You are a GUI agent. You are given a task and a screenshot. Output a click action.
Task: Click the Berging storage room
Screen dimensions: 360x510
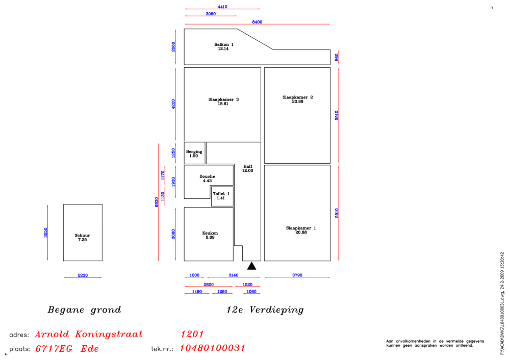(x=194, y=153)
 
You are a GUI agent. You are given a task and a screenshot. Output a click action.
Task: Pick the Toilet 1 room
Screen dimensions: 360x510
(x=221, y=196)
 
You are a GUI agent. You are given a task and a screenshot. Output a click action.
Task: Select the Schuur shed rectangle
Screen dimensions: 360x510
(x=83, y=233)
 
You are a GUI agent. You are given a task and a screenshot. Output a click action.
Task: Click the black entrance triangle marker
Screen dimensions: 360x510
(x=251, y=266)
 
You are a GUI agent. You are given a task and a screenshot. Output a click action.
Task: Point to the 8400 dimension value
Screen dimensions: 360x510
(x=257, y=22)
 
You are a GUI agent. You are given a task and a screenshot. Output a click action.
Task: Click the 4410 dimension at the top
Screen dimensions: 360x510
(x=222, y=7)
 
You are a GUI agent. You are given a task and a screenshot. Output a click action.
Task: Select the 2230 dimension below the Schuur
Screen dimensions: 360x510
(x=83, y=275)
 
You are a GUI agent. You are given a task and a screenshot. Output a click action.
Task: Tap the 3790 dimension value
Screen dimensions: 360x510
(x=297, y=275)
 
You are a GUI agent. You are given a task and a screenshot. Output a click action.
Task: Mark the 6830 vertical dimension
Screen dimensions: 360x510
(x=157, y=202)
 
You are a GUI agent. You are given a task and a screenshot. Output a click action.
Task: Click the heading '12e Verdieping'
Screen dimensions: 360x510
(x=265, y=310)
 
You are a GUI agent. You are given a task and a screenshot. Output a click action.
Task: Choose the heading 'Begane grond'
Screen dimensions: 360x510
(x=84, y=310)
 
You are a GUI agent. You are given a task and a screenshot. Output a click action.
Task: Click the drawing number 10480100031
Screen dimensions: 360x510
(x=213, y=348)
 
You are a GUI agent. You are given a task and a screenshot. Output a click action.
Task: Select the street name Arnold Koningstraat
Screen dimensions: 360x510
(x=89, y=335)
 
